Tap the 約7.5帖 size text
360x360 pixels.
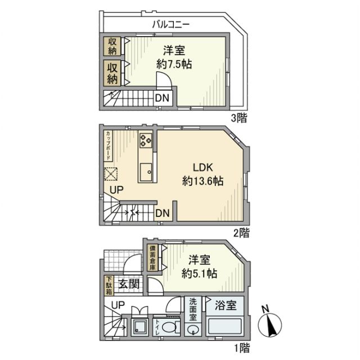click(x=174, y=64)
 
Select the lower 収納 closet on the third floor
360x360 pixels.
click(x=112, y=74)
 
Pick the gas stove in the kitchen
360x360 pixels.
click(x=147, y=139)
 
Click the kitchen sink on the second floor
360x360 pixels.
click(x=148, y=170)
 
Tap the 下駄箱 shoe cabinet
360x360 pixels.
click(x=109, y=286)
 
